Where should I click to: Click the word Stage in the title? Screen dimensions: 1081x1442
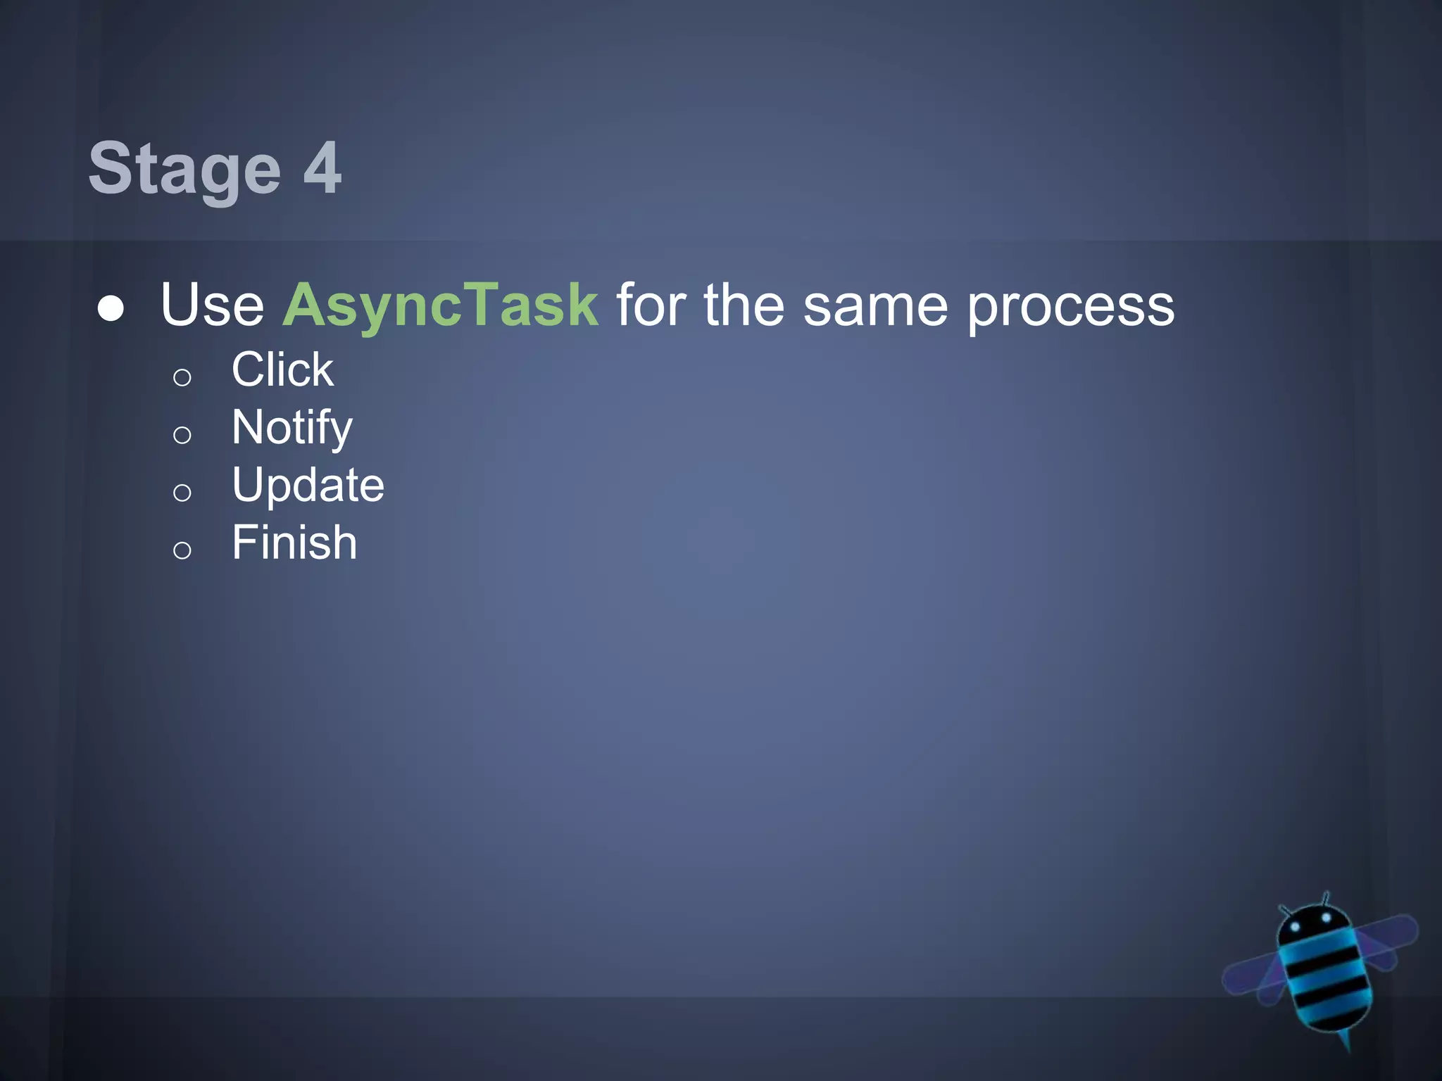(184, 169)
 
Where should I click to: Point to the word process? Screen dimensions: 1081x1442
(1070, 307)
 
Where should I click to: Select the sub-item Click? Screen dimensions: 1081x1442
(282, 369)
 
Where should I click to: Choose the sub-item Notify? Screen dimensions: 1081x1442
(291, 428)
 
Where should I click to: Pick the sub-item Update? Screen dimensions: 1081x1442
(308, 486)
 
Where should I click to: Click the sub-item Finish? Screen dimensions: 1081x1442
(294, 543)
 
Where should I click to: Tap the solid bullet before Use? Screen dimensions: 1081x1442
(111, 308)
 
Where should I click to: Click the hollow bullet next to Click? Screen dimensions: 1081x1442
(182, 378)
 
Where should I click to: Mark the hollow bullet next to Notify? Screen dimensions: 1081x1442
(182, 435)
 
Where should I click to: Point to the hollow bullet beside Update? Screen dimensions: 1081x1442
(182, 493)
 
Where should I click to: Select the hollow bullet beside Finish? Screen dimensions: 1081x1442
(182, 550)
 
